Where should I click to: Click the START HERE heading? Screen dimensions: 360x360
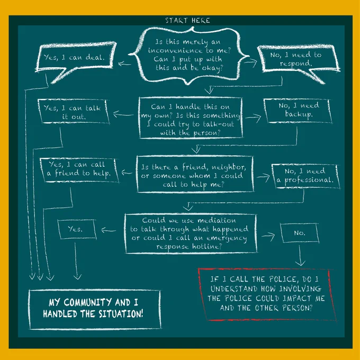pyautogui.click(x=187, y=21)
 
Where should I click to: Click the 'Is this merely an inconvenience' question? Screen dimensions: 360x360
pyautogui.click(x=189, y=55)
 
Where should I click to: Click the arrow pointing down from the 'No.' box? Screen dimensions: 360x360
pyautogui.click(x=300, y=256)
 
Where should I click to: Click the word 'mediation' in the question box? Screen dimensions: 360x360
pyautogui.click(x=217, y=220)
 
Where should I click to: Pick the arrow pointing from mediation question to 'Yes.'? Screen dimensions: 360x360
pyautogui.click(x=109, y=230)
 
